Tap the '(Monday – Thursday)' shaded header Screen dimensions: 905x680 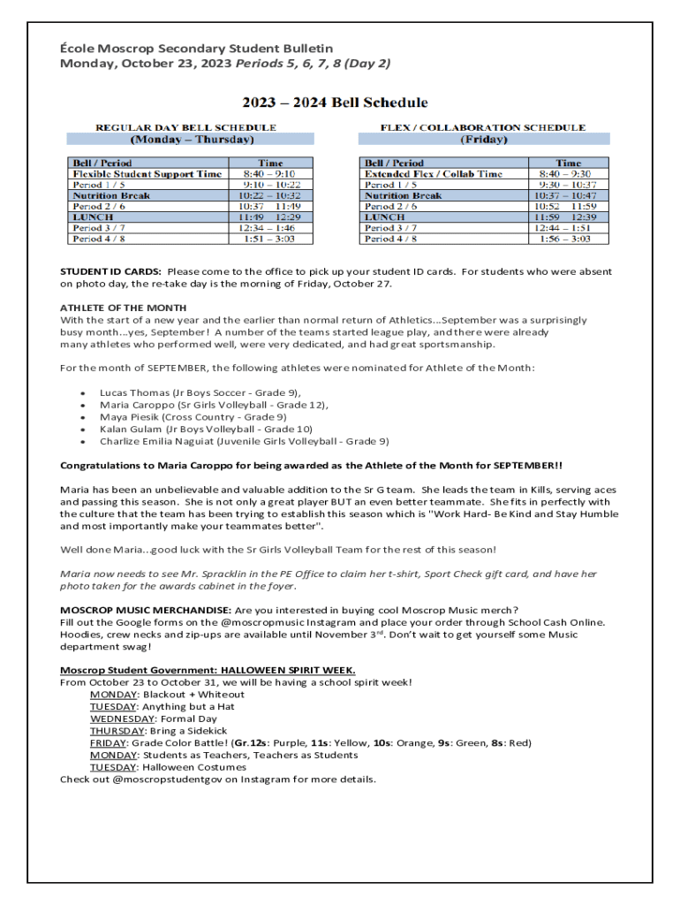192,139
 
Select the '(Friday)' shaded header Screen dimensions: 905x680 484,139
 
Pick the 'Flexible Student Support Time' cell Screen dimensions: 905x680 147,174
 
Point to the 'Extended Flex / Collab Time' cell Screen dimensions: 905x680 434,174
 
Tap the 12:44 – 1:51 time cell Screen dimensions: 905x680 569,227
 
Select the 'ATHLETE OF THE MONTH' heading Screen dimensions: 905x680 123,308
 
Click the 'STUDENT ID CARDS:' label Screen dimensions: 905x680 110,271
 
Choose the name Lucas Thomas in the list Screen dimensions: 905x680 134,392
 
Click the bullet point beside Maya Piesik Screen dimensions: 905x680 82,416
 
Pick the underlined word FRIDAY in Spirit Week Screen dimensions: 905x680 108,743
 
